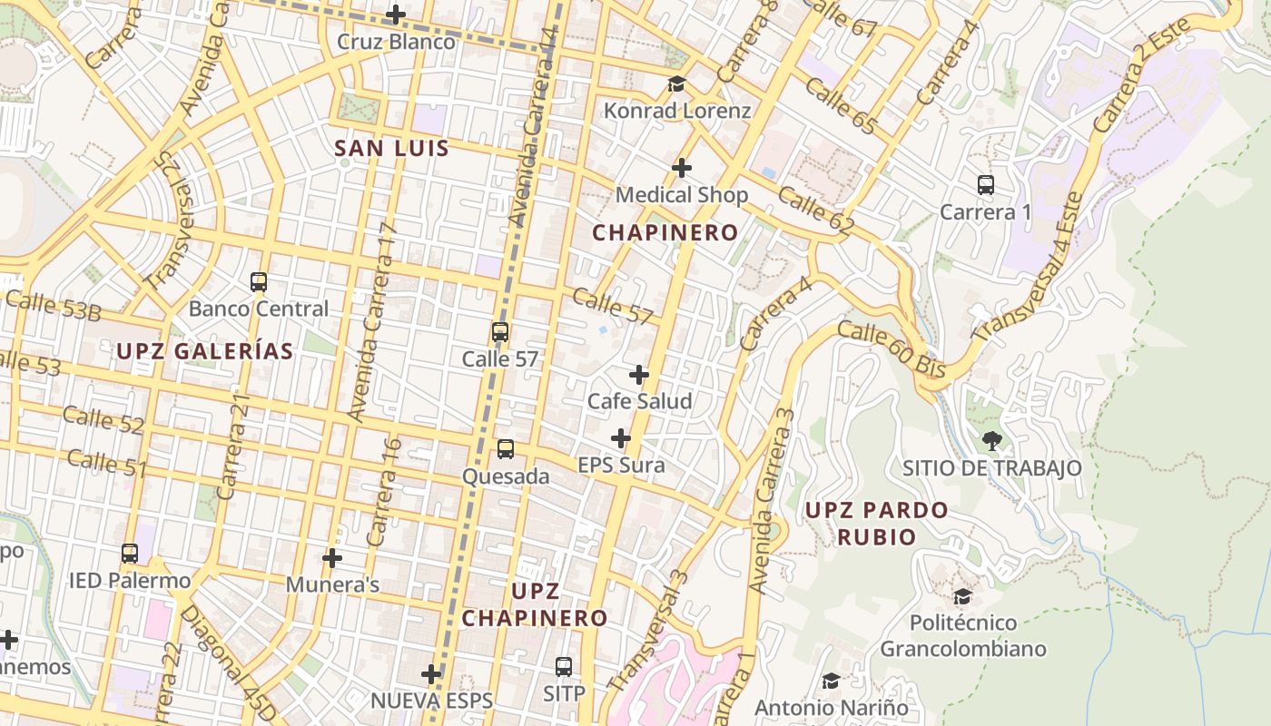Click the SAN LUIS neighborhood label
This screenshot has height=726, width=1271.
(391, 148)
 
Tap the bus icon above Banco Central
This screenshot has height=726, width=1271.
(259, 282)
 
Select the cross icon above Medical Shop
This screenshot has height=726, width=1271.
(682, 168)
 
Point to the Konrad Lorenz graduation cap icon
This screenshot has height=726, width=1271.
(676, 84)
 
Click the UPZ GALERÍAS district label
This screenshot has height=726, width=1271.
(205, 351)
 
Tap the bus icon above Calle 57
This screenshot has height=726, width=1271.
(500, 332)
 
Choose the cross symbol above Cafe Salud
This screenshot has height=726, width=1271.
(639, 375)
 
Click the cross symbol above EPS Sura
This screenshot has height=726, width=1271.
(621, 439)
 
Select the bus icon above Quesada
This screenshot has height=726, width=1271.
(506, 449)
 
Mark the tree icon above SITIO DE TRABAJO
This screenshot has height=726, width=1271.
(991, 441)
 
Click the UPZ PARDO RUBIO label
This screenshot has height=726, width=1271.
(876, 523)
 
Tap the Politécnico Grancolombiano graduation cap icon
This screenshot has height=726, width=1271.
(962, 596)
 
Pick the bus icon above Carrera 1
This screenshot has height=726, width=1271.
(986, 185)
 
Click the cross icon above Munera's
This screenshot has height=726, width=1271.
(332, 557)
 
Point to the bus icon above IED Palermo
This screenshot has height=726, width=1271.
(130, 553)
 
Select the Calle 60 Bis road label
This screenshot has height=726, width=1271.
(891, 349)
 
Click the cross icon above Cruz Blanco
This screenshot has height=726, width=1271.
(396, 15)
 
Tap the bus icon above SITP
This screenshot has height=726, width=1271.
(564, 667)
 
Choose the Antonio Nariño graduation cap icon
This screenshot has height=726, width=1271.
(831, 681)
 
